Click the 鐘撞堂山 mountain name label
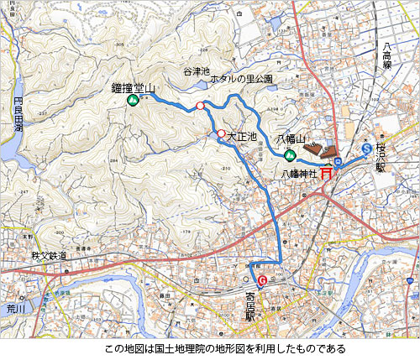(133, 87)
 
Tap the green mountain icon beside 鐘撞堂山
(133, 101)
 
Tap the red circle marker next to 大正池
(221, 133)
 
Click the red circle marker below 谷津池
(200, 106)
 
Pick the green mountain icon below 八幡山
(290, 155)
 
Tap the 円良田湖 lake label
(18, 117)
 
